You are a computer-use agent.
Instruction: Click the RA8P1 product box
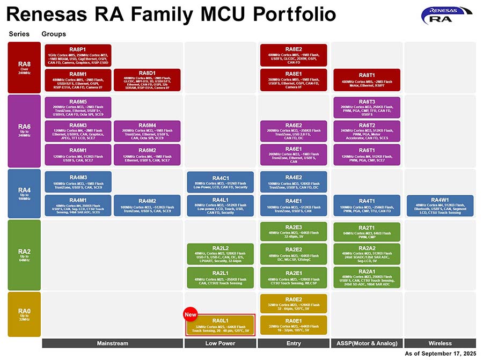(x=78, y=55)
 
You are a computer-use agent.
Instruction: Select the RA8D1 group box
(x=147, y=80)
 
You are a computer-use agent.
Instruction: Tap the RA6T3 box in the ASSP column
(x=367, y=107)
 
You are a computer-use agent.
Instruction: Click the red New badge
(x=191, y=314)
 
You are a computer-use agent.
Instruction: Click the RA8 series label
(x=25, y=67)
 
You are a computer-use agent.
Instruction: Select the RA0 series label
(x=25, y=313)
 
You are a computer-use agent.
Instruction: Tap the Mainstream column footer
(x=112, y=343)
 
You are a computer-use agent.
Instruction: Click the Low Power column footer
(x=220, y=343)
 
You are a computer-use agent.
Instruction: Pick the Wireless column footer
(x=440, y=343)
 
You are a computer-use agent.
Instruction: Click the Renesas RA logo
(x=447, y=16)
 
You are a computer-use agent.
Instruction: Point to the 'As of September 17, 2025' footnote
(x=440, y=354)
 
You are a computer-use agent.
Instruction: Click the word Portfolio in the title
(x=290, y=14)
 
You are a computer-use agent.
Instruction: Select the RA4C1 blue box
(x=220, y=182)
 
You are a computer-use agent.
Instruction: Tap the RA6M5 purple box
(x=78, y=107)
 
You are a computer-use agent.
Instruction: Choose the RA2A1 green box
(x=367, y=277)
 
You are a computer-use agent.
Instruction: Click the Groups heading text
(x=54, y=34)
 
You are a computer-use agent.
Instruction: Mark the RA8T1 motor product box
(x=367, y=80)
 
